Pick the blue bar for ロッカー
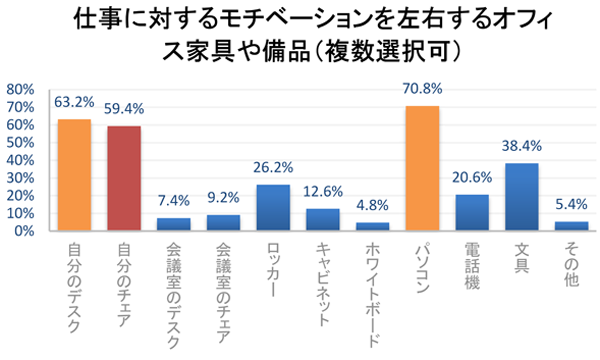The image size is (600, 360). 273,207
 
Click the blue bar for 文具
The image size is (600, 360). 522,197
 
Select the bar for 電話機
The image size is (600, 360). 472,212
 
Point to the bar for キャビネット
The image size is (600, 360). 323,219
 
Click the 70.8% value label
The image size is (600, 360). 423,89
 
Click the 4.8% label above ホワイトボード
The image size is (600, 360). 372,205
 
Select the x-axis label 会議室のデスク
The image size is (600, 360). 174,290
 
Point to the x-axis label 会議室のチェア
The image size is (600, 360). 224,290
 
